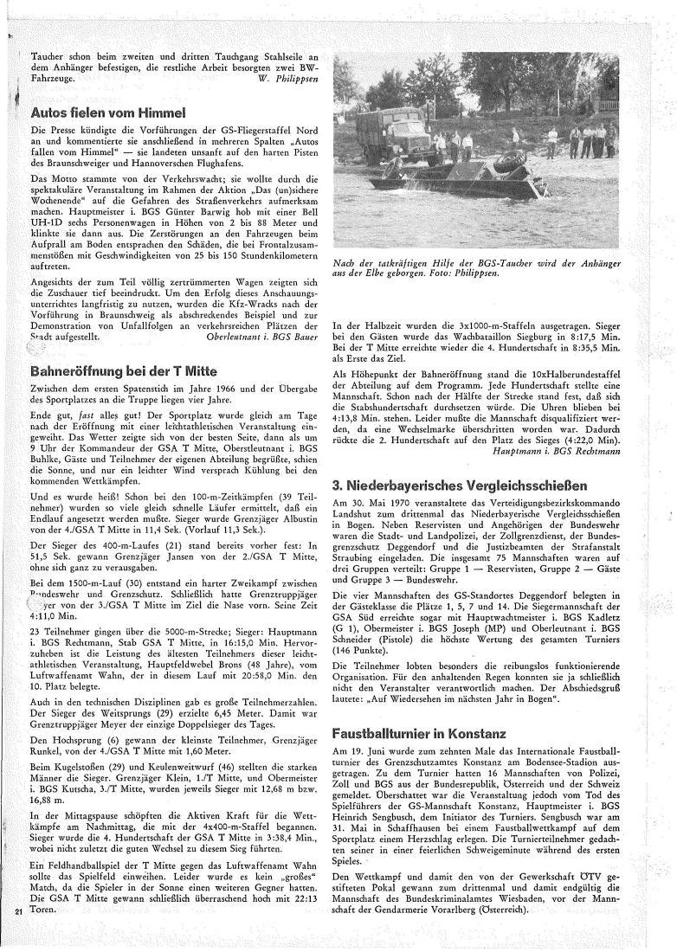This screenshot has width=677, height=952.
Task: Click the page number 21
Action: click(x=18, y=936)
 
